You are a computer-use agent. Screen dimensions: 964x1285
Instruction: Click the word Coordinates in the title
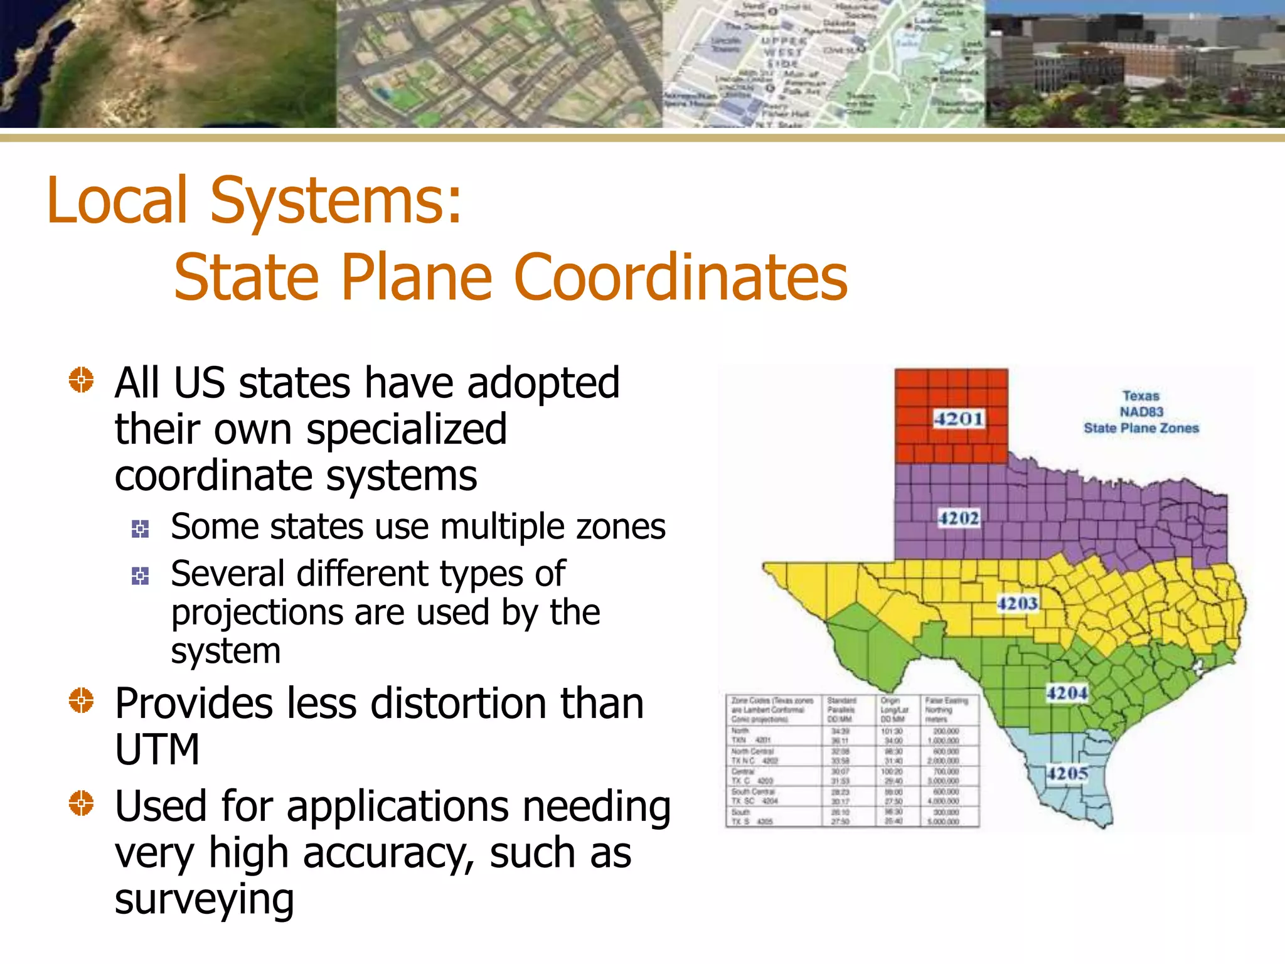680,277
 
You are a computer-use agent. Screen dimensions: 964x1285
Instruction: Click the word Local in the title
117,200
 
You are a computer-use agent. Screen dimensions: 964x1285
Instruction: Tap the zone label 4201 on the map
959,419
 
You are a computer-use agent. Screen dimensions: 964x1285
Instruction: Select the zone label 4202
959,518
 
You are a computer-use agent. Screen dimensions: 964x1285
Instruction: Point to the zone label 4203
1018,604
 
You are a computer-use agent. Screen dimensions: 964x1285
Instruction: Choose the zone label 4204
1067,694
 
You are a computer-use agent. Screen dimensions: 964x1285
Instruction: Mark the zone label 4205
1067,773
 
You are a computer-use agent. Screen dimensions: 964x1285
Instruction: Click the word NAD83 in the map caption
1141,412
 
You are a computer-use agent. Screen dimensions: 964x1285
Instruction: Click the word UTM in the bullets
157,749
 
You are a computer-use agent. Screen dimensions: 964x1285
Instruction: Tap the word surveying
204,899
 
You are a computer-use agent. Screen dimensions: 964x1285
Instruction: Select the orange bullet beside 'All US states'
81,380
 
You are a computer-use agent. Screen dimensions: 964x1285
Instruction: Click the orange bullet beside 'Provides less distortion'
81,700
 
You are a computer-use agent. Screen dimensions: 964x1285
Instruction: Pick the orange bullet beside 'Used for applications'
81,803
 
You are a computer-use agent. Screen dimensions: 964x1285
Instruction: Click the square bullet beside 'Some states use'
140,528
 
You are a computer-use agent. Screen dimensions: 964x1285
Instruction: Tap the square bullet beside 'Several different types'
140,576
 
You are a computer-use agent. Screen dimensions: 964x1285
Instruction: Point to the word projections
257,613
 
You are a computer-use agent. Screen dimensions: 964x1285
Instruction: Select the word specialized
407,430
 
